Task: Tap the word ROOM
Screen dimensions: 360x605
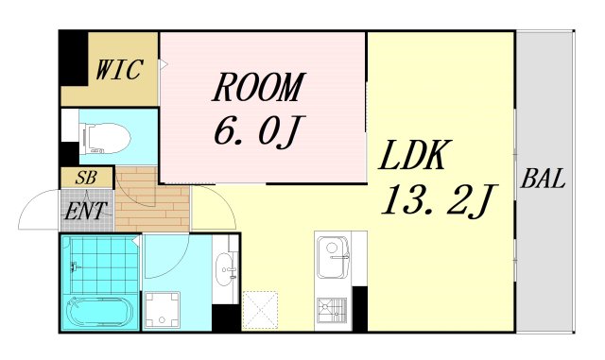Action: (x=258, y=88)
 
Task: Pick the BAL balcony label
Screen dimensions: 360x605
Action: (x=544, y=180)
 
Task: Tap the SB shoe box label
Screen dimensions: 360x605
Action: (x=86, y=178)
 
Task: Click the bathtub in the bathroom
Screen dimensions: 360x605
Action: (x=98, y=312)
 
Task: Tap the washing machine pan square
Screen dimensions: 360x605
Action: (x=164, y=308)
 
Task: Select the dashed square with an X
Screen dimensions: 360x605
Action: (x=259, y=309)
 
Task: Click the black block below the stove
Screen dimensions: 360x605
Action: (x=359, y=311)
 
